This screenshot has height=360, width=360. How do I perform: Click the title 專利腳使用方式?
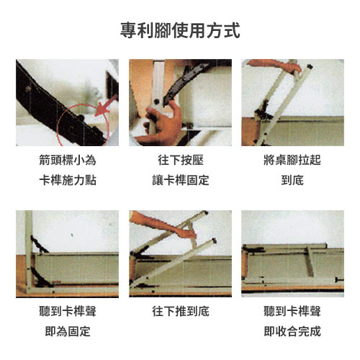click(x=180, y=30)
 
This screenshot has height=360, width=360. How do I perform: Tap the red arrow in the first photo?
click(x=106, y=106)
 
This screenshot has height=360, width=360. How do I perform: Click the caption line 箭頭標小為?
click(x=68, y=160)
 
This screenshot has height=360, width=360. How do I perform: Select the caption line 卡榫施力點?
click(x=68, y=180)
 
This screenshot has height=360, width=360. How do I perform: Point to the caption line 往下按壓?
click(x=181, y=160)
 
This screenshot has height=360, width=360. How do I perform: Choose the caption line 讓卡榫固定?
click(x=181, y=180)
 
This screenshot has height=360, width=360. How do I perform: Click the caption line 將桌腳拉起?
click(x=292, y=160)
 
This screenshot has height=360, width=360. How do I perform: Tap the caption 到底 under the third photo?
click(x=292, y=180)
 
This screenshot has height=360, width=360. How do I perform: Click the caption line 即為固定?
click(x=68, y=331)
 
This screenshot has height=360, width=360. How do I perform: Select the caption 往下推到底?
click(x=181, y=311)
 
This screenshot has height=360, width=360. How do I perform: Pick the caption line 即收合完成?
click(x=292, y=331)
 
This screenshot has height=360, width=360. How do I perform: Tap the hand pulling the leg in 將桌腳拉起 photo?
click(x=276, y=66)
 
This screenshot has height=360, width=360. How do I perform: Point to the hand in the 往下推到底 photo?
click(x=166, y=225)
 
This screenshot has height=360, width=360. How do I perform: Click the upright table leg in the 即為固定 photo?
click(x=29, y=251)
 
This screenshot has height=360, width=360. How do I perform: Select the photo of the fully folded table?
click(x=292, y=253)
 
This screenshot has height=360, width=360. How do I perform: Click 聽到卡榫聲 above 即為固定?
click(x=68, y=311)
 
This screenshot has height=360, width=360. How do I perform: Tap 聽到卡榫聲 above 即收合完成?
click(x=292, y=311)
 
